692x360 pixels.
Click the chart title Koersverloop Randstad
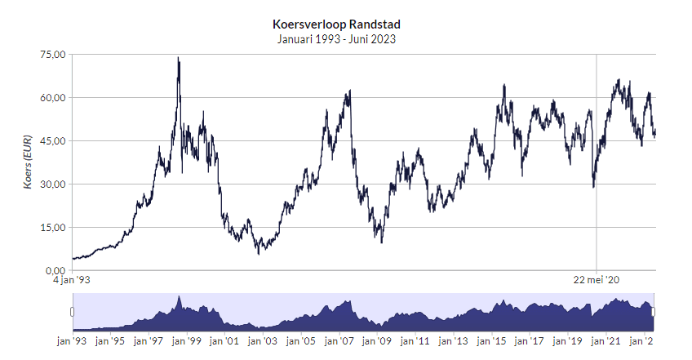pos(336,24)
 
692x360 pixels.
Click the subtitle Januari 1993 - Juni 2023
pos(336,38)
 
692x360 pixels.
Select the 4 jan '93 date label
pos(71,280)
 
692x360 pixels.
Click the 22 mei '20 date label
pos(597,280)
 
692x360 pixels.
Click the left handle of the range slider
pos(72,311)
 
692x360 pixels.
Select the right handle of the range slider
pos(654,311)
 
